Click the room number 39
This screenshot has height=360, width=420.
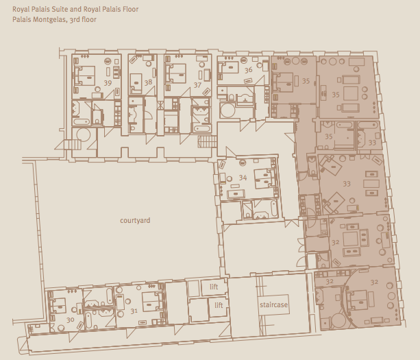tap(108, 83)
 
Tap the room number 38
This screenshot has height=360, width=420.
tap(148, 82)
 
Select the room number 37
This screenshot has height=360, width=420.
tap(197, 85)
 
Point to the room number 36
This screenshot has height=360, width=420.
tap(248, 70)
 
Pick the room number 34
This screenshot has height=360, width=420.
tap(243, 178)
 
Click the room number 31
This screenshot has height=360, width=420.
tap(134, 311)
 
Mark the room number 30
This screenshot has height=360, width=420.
tap(70, 320)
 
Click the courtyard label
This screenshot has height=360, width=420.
tap(135, 220)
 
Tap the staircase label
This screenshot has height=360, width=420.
tap(273, 304)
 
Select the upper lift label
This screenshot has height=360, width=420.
tap(214, 287)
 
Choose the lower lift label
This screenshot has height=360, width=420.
tap(219, 305)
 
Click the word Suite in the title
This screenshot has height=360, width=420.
tap(60, 10)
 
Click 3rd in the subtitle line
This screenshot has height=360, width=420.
tap(74, 20)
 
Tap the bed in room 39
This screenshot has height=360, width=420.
tap(85, 76)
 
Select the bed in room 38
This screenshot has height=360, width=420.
tap(136, 84)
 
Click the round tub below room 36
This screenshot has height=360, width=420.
tap(228, 110)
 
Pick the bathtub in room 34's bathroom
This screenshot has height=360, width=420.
tap(274, 208)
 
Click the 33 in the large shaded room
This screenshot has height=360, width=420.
tap(347, 184)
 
